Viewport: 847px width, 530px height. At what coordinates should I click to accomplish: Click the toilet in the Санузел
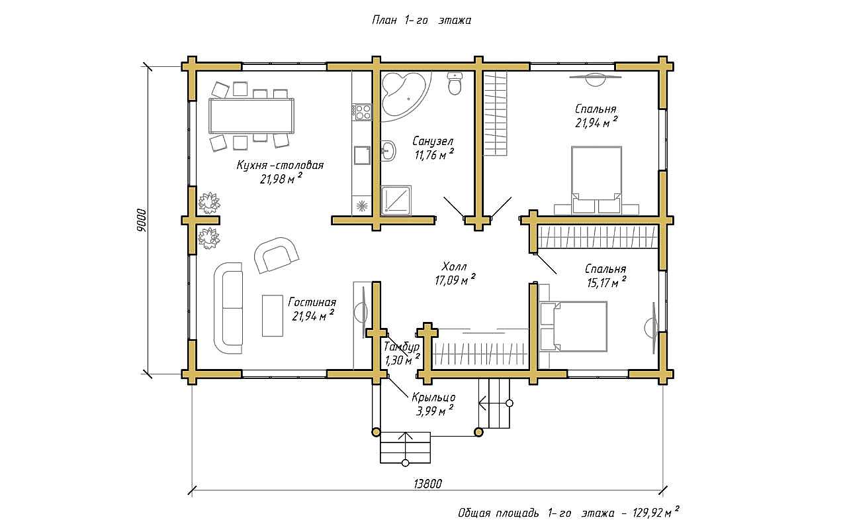454,83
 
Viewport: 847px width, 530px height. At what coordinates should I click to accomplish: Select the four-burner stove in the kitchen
362,113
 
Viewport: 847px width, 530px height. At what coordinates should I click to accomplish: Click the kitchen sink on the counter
362,155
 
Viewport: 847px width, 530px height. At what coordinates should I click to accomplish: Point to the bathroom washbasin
388,151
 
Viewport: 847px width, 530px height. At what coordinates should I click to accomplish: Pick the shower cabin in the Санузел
396,200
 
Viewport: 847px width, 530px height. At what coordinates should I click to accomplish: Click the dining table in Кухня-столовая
252,115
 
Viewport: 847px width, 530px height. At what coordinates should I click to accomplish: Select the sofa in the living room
228,308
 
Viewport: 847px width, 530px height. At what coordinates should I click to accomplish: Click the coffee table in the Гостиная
272,316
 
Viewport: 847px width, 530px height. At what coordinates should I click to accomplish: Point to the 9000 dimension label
141,220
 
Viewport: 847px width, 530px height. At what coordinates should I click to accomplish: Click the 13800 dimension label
427,484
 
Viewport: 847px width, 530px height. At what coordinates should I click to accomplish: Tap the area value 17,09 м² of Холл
455,280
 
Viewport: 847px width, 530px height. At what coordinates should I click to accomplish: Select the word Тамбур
402,346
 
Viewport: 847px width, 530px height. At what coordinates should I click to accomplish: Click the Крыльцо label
433,397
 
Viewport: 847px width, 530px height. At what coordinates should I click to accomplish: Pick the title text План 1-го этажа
422,20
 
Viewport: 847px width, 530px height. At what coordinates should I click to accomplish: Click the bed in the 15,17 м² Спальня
573,327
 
